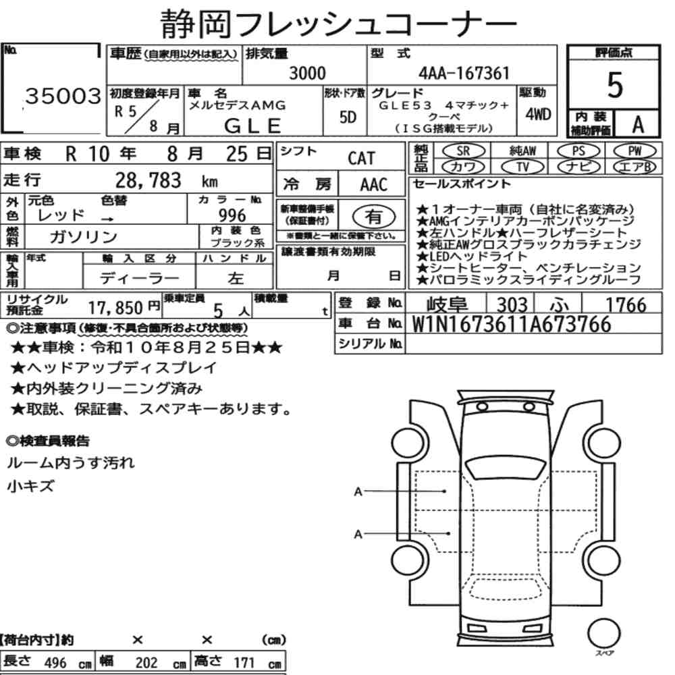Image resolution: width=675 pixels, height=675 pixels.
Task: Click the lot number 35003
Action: [x=63, y=96]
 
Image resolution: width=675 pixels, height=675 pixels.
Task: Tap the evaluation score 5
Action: [x=615, y=85]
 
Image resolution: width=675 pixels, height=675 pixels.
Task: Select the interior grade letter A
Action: [x=638, y=125]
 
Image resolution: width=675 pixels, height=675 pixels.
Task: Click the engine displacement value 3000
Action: [x=307, y=73]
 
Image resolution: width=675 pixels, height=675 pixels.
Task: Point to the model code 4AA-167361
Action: [x=464, y=73]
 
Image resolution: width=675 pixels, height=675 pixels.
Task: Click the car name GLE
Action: [x=252, y=126]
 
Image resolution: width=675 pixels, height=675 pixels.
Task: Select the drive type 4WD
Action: [x=538, y=114]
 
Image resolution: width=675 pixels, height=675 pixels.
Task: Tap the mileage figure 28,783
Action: [x=148, y=180]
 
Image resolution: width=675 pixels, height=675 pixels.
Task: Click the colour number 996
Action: [x=232, y=215]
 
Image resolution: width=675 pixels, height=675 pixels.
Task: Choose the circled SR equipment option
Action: [x=464, y=151]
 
